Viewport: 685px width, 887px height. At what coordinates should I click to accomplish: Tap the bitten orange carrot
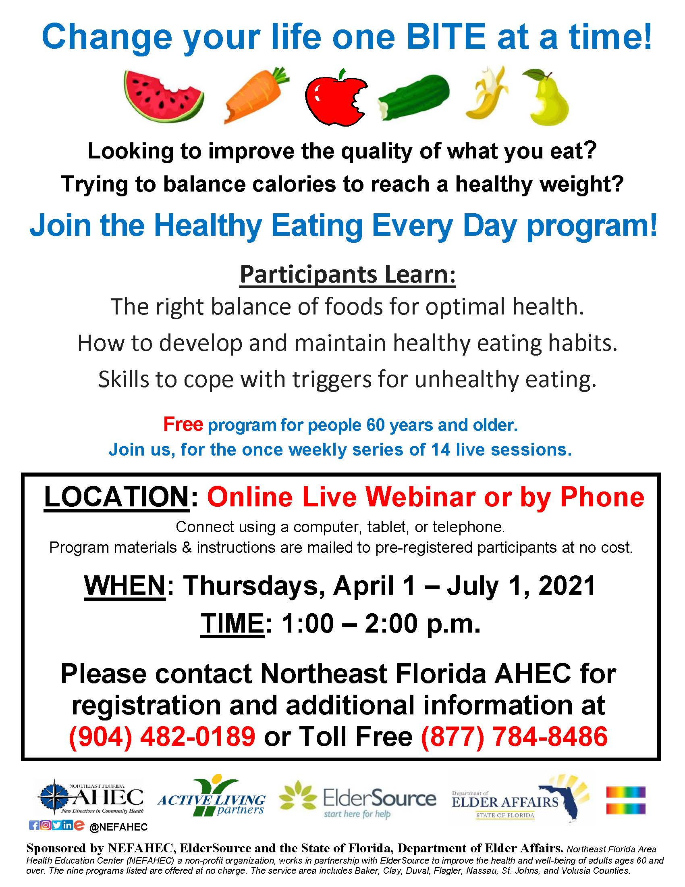(255, 96)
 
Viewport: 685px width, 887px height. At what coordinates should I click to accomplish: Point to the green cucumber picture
(413, 97)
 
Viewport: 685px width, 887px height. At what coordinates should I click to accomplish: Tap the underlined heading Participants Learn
(348, 275)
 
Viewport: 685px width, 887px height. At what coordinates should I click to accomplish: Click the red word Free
(183, 425)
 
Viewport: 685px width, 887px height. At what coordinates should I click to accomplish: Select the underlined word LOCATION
(116, 497)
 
